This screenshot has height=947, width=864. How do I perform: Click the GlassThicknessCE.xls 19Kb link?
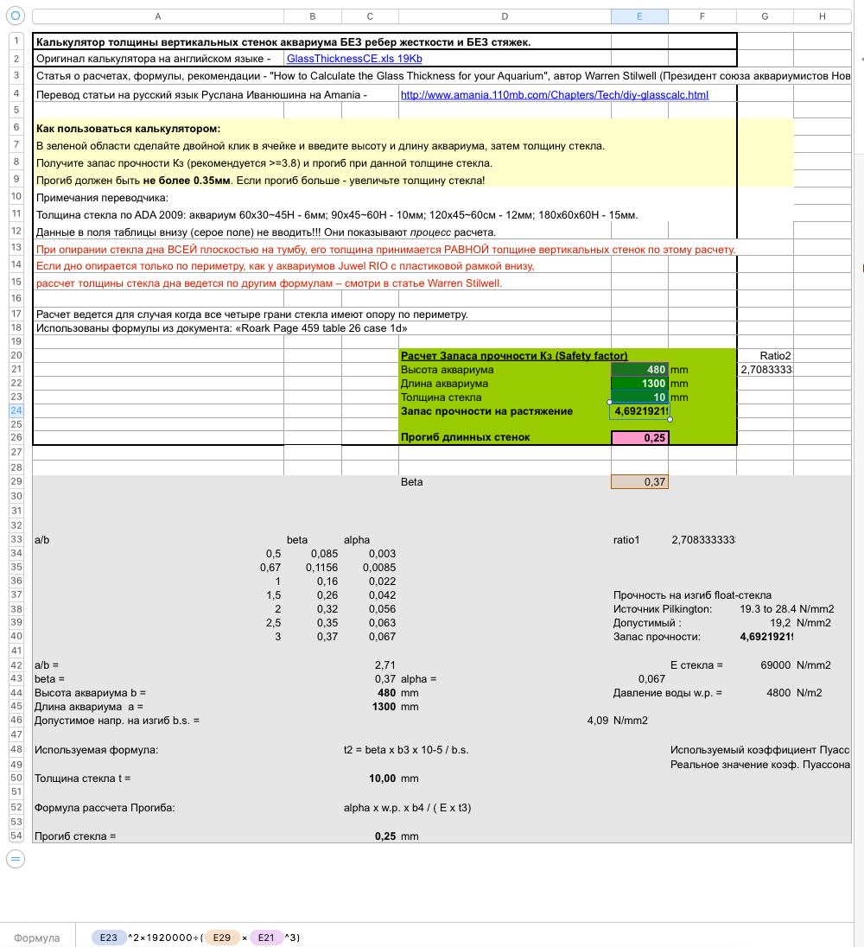pos(354,58)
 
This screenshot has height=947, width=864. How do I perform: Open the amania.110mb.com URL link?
pos(555,95)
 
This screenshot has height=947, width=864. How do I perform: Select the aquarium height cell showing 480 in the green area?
pos(639,370)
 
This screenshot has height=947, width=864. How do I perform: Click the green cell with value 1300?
pos(639,384)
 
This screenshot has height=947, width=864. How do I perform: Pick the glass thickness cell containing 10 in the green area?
pos(639,397)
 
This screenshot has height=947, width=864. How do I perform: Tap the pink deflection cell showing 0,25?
pos(639,438)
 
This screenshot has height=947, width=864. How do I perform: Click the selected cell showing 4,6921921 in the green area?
pos(639,411)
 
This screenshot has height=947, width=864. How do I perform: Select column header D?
pos(505,16)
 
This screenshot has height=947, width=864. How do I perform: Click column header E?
pos(639,16)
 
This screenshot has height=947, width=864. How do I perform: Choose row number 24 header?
pos(16,411)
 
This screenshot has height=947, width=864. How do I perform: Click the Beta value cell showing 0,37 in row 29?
pos(639,482)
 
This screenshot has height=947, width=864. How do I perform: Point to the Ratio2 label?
pos(775,356)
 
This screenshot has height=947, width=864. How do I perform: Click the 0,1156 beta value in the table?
pos(321,568)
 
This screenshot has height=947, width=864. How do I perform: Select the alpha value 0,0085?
pos(379,568)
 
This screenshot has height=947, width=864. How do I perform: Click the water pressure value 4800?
pos(778,693)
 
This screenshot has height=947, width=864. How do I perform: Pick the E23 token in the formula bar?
pos(108,937)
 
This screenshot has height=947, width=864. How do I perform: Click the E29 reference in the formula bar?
pos(221,937)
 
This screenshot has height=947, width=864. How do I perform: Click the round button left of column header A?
pos(16,16)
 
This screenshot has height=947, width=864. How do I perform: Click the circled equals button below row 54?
pos(16,858)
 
